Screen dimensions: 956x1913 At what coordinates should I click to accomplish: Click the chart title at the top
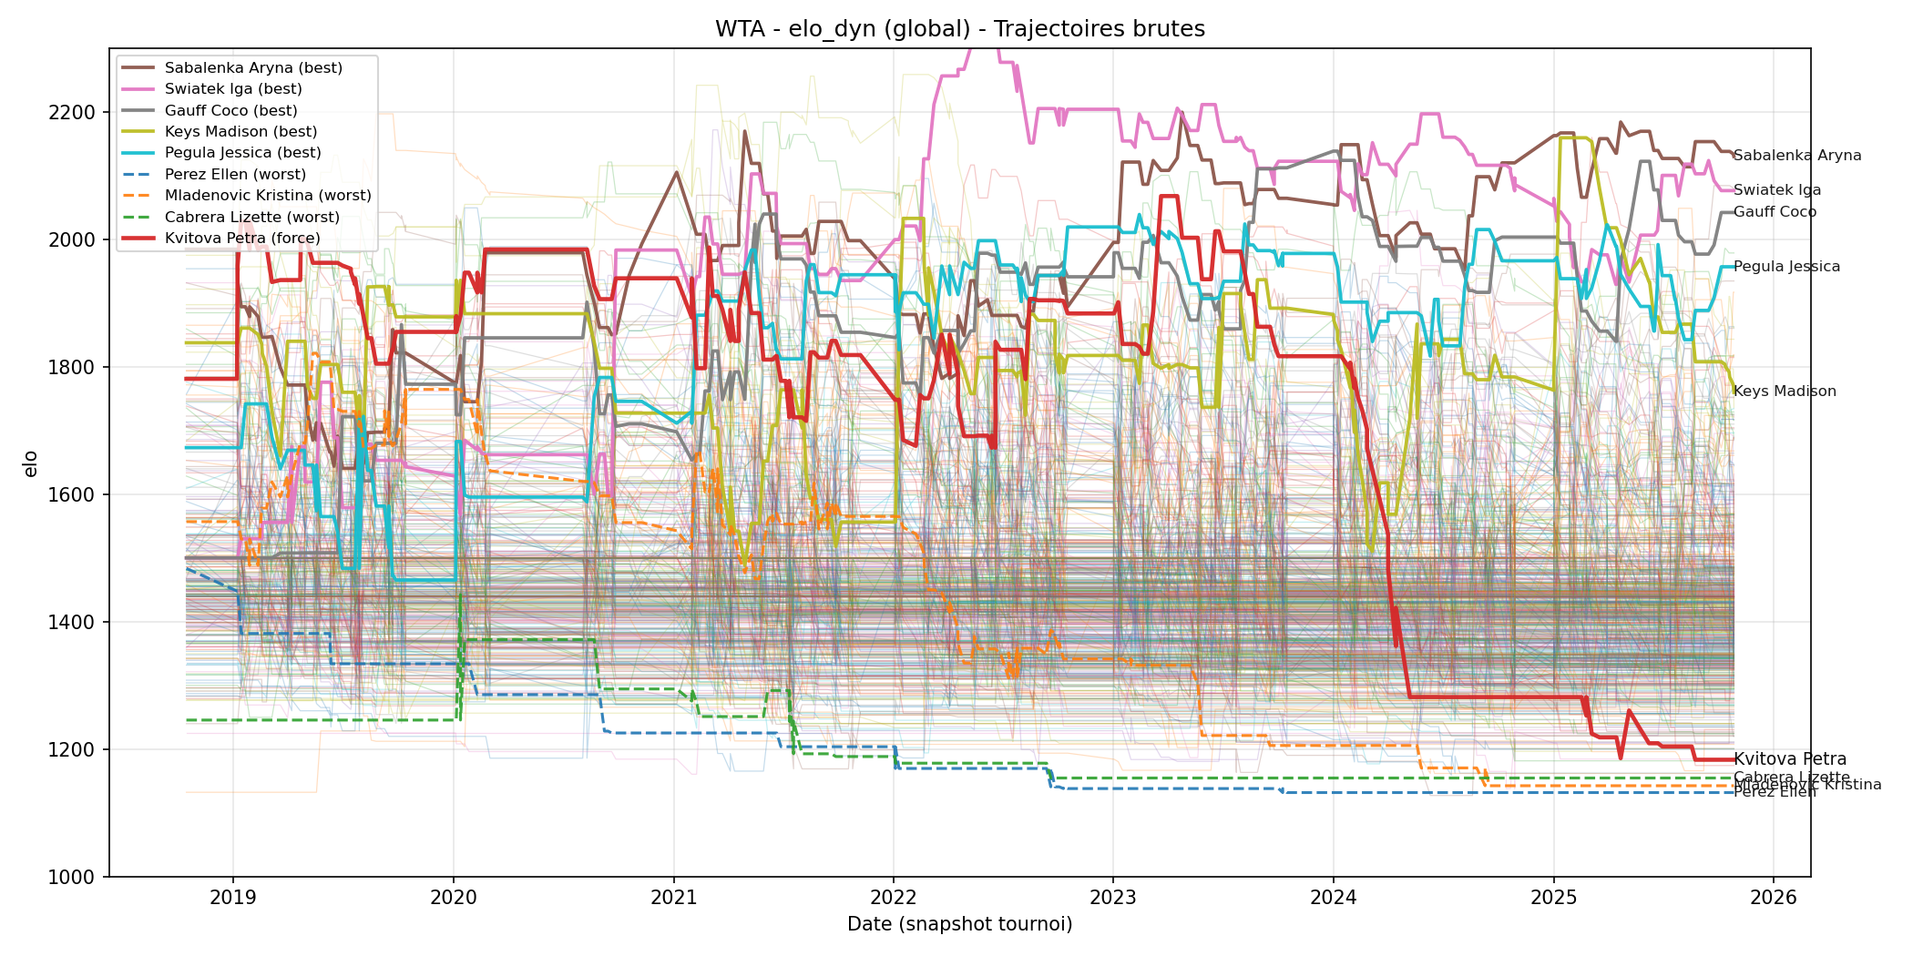[x=959, y=29]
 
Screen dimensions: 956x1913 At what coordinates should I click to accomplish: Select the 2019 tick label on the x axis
[x=233, y=898]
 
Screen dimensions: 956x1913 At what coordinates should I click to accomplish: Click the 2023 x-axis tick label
[x=1113, y=898]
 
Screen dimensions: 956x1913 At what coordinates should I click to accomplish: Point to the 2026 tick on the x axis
[x=1774, y=898]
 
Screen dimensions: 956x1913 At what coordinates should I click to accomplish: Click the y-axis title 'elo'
[x=31, y=463]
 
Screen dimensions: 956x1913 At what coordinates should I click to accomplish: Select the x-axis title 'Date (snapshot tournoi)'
[x=959, y=925]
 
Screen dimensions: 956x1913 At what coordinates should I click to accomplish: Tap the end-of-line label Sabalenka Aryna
[x=1796, y=156]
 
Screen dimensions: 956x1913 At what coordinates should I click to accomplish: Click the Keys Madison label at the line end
[x=1784, y=392]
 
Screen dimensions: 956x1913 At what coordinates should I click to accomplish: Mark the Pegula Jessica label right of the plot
[x=1786, y=267]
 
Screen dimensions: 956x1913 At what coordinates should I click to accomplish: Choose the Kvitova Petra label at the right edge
[x=1789, y=759]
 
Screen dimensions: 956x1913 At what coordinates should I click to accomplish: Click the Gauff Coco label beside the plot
[x=1774, y=212]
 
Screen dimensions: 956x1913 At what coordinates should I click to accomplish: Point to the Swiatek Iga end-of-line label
[x=1776, y=190]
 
